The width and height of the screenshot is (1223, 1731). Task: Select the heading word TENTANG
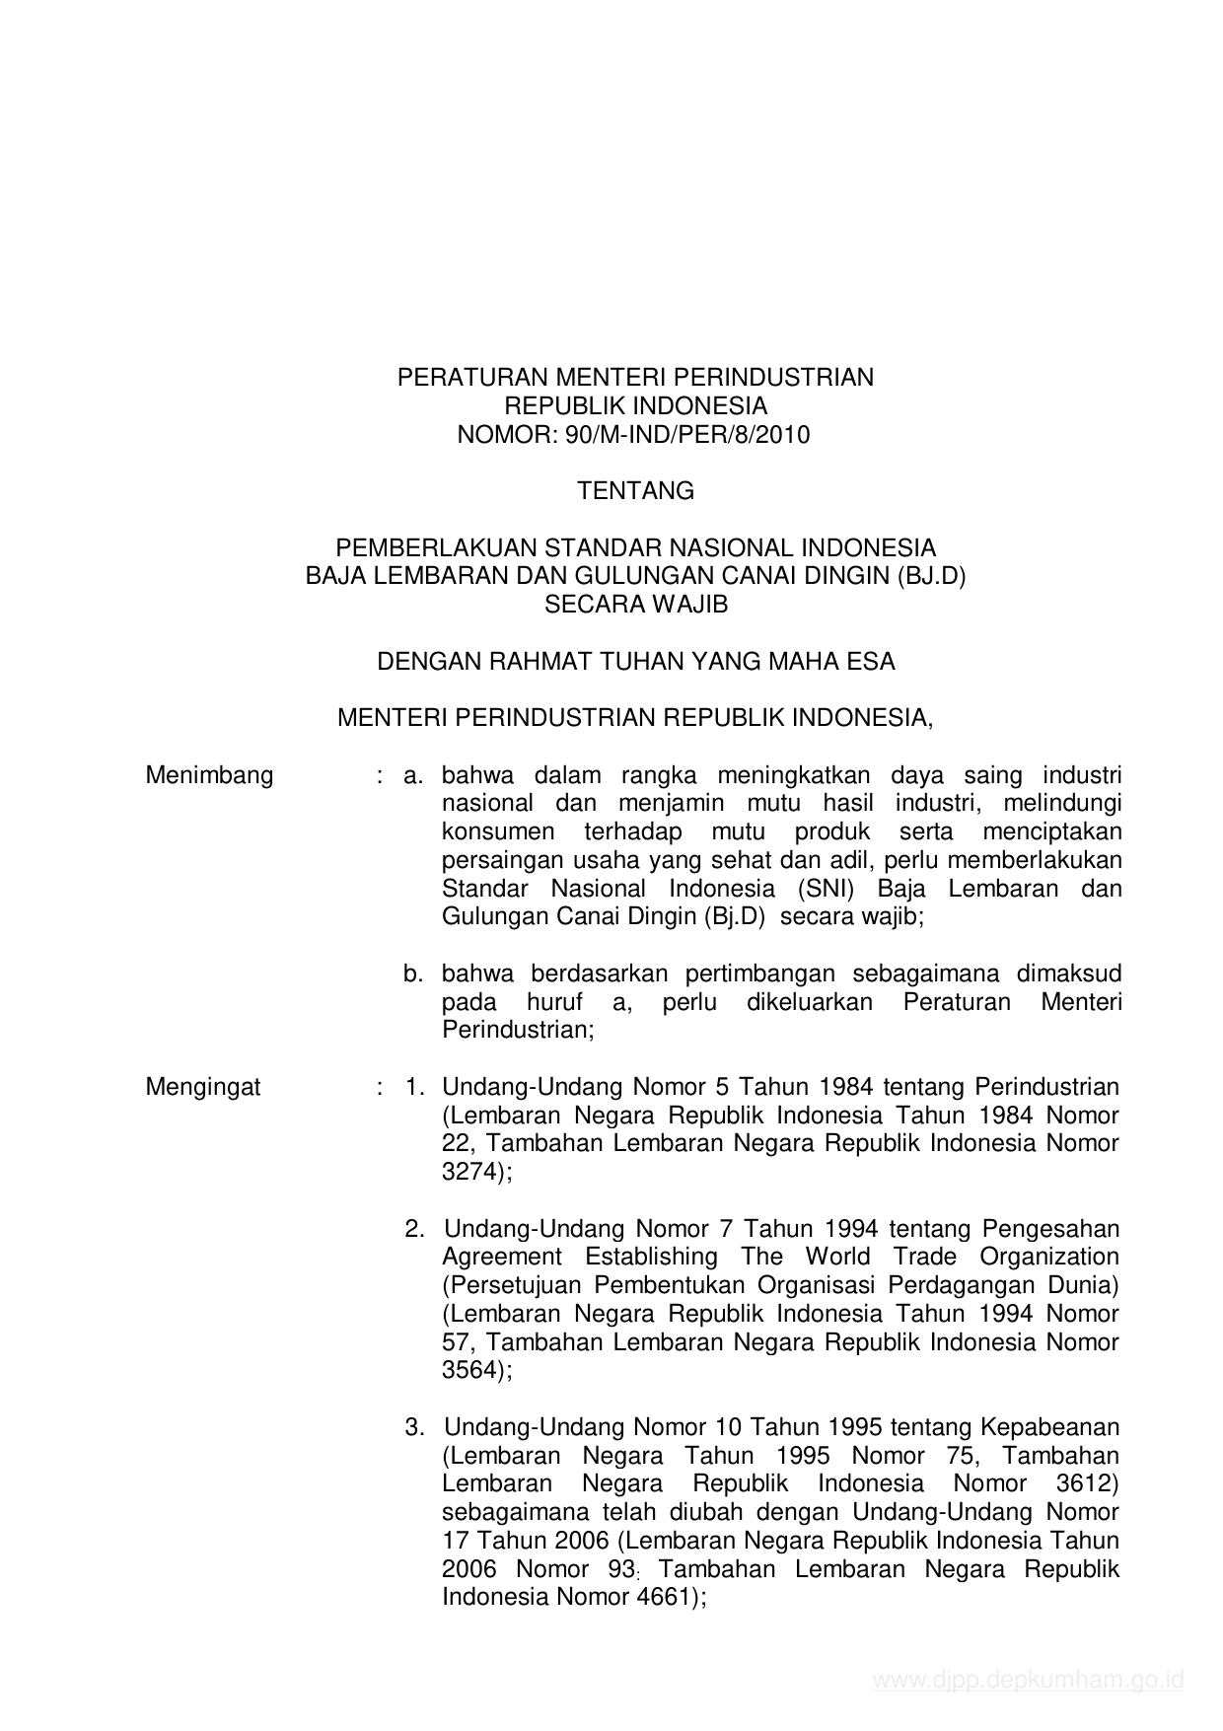(635, 491)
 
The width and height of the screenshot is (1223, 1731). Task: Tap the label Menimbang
(209, 775)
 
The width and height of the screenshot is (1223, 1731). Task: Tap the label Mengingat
(203, 1087)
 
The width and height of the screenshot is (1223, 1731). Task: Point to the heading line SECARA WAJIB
(635, 605)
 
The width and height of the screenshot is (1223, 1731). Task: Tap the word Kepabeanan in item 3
(1049, 1427)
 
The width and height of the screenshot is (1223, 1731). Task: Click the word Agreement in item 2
(501, 1257)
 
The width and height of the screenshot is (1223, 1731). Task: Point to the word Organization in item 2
(1049, 1257)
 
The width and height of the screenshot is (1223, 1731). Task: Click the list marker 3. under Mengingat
(414, 1427)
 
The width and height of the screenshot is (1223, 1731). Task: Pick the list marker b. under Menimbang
(412, 974)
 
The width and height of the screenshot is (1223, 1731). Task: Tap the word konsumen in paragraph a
(498, 831)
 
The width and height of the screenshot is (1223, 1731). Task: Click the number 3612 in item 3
(1087, 1484)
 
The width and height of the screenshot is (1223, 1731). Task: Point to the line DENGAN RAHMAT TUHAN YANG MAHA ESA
(635, 662)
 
